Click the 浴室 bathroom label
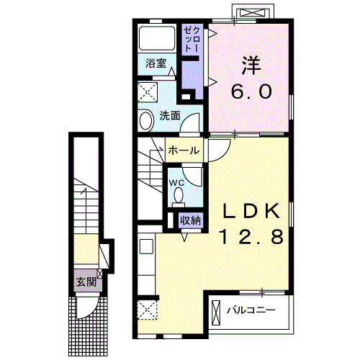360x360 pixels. (x=156, y=63)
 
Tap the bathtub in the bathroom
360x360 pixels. (x=157, y=38)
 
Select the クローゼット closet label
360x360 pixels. (x=192, y=40)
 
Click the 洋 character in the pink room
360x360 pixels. (x=251, y=66)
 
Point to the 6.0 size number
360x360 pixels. (x=251, y=91)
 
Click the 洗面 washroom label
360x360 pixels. (x=170, y=116)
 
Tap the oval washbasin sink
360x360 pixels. (x=146, y=121)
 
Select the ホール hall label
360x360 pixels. (x=184, y=150)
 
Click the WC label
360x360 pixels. (x=177, y=183)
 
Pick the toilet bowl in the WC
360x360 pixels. (x=179, y=195)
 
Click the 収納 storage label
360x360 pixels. (x=191, y=220)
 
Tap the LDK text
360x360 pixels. (x=251, y=211)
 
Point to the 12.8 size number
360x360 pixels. (x=251, y=236)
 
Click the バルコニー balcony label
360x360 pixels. (x=251, y=310)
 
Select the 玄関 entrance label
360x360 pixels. (x=86, y=282)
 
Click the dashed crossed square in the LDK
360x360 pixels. (x=147, y=310)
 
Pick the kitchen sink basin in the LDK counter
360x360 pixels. (x=146, y=246)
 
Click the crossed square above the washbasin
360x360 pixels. (x=148, y=92)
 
